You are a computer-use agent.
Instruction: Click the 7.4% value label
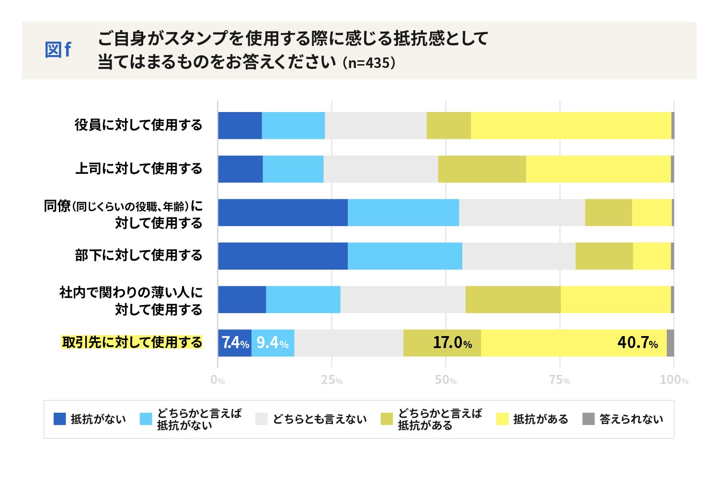click(235, 343)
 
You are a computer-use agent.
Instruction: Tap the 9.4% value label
click(272, 343)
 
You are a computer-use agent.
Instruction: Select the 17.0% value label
click(452, 343)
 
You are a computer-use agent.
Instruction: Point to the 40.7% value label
click(637, 343)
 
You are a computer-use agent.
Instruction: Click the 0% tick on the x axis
click(217, 380)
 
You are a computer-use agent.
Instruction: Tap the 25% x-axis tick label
click(331, 380)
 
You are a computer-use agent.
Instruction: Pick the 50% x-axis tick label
click(445, 380)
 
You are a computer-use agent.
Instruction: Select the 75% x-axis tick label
click(559, 380)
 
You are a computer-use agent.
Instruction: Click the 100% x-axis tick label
click(673, 380)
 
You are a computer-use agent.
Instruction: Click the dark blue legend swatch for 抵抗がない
click(59, 419)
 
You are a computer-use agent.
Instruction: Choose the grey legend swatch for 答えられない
click(588, 419)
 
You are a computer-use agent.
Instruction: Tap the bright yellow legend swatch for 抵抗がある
click(502, 419)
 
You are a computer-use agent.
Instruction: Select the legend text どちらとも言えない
click(320, 419)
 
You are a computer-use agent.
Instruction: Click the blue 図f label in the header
click(58, 50)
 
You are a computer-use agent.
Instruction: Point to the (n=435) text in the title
click(369, 63)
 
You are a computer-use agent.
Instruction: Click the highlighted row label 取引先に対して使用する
click(132, 342)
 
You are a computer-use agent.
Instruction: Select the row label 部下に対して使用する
click(138, 256)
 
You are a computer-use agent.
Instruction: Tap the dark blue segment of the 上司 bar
click(240, 169)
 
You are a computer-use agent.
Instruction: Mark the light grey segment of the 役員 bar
click(376, 125)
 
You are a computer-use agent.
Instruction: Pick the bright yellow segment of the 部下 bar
click(651, 256)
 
